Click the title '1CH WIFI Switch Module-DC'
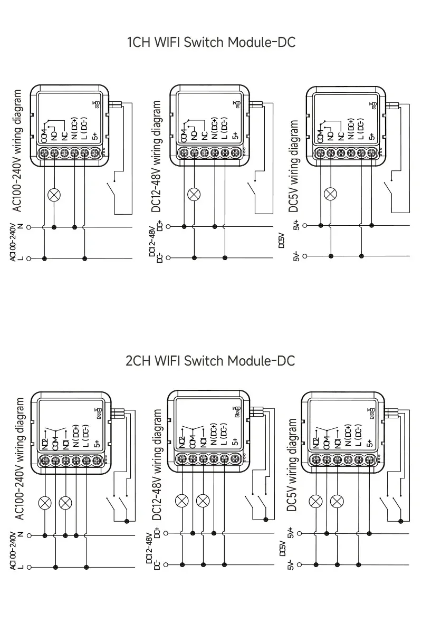click(210, 42)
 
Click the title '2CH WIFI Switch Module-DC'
click(210, 361)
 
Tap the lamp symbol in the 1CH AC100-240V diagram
click(54, 194)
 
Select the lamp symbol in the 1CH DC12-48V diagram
click(194, 194)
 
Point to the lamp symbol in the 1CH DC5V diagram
click(331, 194)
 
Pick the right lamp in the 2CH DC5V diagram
click(337, 500)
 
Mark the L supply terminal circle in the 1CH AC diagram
click(29, 258)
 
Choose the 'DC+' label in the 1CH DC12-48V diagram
click(159, 225)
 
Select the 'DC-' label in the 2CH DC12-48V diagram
click(157, 565)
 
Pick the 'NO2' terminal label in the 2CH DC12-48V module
click(182, 442)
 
